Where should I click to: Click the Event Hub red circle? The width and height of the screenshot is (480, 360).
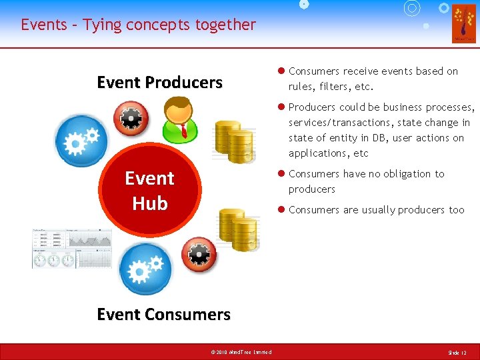point(149,191)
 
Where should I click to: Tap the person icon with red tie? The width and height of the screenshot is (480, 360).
point(179,119)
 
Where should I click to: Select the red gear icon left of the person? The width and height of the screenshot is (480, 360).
point(131,119)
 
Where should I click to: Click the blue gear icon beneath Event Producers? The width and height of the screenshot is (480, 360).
point(81,141)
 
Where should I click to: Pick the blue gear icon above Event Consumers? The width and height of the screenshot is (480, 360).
point(145,268)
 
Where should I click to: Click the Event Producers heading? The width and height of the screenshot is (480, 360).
point(159,83)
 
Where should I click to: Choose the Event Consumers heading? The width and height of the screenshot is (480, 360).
point(163,314)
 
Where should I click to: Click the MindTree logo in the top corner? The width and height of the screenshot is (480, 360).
point(463,23)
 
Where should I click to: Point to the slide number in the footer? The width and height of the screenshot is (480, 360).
point(457,352)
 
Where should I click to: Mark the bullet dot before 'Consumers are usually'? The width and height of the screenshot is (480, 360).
point(281,209)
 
